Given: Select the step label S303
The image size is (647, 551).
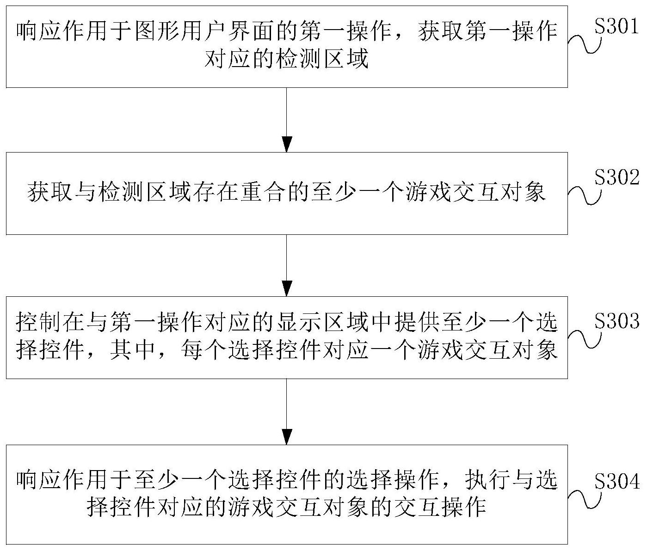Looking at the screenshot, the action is (616, 321).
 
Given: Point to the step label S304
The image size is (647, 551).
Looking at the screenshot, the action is (616, 481).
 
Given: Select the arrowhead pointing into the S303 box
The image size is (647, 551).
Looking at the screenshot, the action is (287, 288).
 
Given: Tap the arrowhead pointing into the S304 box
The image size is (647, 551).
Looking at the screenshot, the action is (287, 437).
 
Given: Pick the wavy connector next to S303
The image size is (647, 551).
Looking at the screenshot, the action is (584, 339).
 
